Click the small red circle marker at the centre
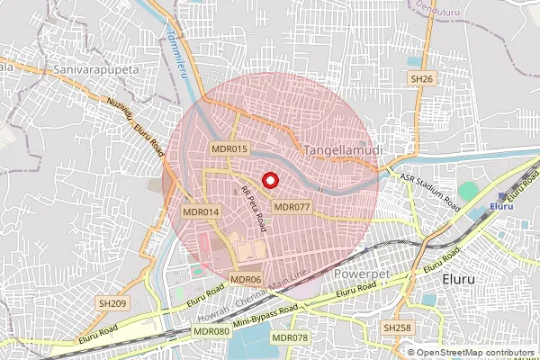[269, 179]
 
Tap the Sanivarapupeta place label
[94, 67]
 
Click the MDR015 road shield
[229, 148]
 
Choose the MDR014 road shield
[201, 211]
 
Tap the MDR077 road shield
[292, 207]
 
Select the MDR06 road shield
[246, 280]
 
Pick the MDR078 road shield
[290, 337]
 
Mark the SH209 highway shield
[113, 303]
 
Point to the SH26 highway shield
[421, 80]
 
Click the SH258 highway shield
[396, 328]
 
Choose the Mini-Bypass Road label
[265, 316]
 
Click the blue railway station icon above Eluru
[506, 194]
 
